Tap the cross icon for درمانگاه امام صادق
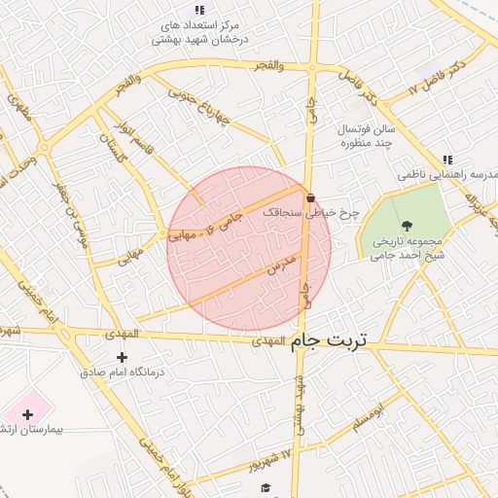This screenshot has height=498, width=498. point(122,358)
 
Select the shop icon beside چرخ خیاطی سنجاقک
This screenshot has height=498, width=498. point(310,197)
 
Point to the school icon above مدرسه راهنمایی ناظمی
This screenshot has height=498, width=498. point(447,160)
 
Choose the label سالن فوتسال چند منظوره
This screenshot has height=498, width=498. point(366,135)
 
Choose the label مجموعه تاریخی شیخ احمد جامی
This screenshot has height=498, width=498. point(407,248)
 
